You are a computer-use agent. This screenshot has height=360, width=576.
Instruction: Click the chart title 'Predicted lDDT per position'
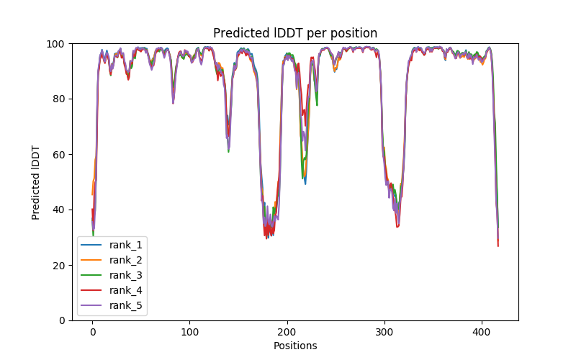click(x=294, y=33)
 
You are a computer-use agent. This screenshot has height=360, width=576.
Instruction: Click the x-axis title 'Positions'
click(x=294, y=346)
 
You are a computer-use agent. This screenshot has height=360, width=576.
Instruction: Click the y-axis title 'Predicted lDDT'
click(x=36, y=182)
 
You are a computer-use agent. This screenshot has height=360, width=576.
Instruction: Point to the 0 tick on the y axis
click(x=62, y=320)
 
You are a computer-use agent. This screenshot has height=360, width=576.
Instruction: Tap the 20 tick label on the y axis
click(x=59, y=265)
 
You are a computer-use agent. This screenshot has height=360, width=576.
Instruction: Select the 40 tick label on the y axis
click(x=59, y=210)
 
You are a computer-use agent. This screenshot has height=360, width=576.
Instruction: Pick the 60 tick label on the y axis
click(x=59, y=154)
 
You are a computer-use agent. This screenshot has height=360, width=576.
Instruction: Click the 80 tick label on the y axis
click(x=59, y=99)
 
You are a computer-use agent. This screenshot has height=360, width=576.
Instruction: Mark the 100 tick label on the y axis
click(x=57, y=44)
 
